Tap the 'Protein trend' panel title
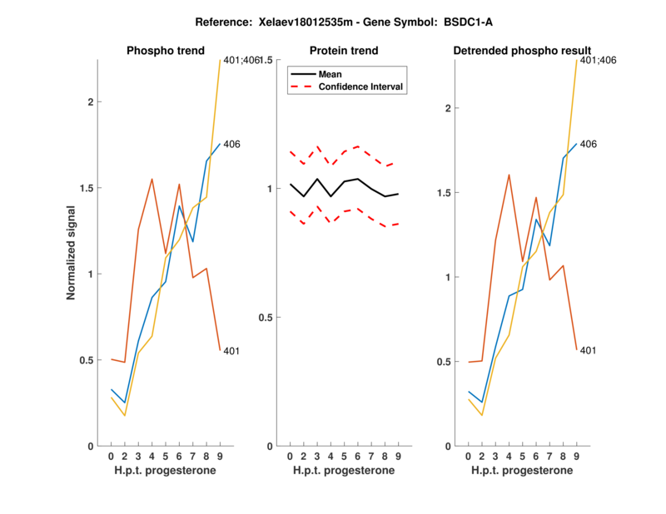(x=344, y=51)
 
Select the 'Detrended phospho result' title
(x=522, y=51)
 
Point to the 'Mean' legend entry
(x=331, y=74)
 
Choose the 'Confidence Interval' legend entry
(x=361, y=86)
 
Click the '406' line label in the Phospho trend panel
(x=232, y=144)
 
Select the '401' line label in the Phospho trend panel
(x=232, y=351)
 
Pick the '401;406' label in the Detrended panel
(x=598, y=60)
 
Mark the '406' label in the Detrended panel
(x=589, y=144)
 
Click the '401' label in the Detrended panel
(x=589, y=350)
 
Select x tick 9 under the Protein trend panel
(x=398, y=457)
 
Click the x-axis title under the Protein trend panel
(x=344, y=472)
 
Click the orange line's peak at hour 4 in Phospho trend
(x=152, y=179)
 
